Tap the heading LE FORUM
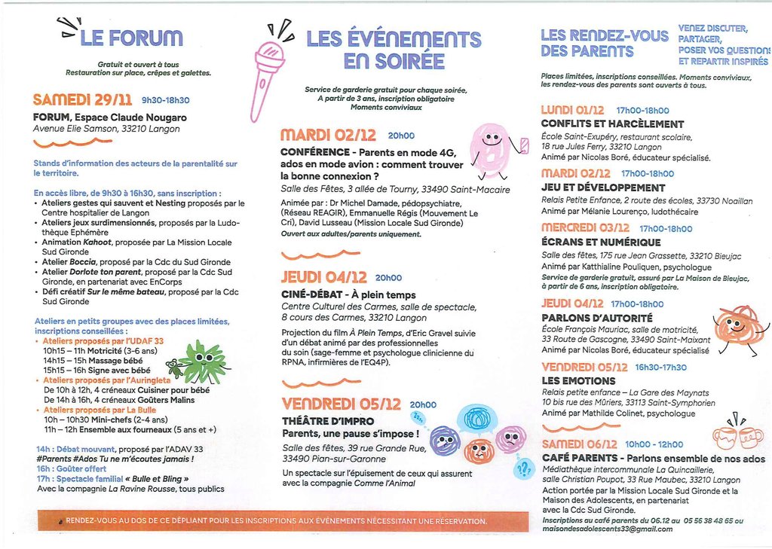pos(130,37)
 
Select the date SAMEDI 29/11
pos(83,99)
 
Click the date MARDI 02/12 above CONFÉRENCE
pos(328,136)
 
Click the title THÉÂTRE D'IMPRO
pos(322,419)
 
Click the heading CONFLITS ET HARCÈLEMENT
pos(602,124)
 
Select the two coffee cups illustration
pos(737,435)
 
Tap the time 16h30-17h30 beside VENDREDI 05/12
pos(661,368)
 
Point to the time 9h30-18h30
pos(166,100)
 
